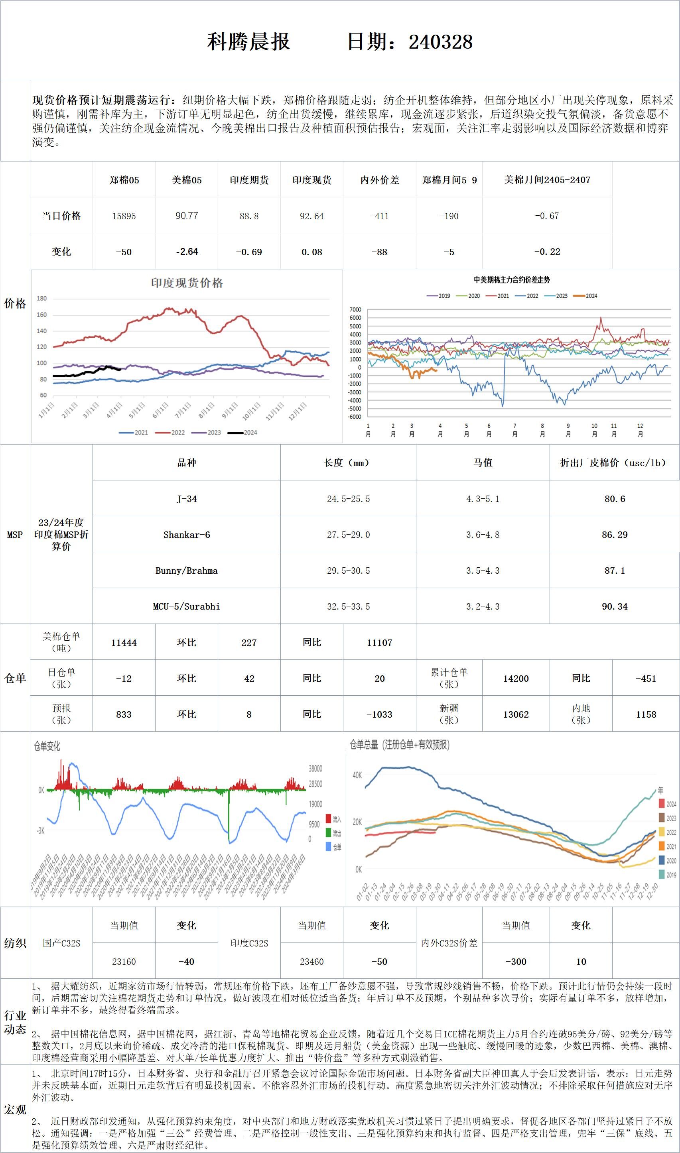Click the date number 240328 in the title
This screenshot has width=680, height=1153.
(440, 42)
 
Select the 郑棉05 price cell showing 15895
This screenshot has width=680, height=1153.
(124, 216)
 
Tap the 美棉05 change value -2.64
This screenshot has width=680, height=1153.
(187, 252)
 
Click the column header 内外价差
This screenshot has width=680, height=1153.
(379, 180)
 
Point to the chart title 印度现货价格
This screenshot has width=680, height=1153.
(187, 283)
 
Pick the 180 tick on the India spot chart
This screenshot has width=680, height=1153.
(42, 298)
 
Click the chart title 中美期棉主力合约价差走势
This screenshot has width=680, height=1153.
(511, 279)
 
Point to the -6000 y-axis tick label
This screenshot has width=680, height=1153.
(355, 417)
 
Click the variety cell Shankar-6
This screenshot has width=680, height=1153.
(187, 535)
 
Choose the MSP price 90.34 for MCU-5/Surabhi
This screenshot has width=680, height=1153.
(615, 606)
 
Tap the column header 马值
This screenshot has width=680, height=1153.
(483, 462)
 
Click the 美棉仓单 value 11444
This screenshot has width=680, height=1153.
(124, 643)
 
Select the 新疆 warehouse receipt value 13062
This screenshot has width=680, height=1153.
(516, 714)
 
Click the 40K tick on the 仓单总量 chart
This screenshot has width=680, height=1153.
(357, 775)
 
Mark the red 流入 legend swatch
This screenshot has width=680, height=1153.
(329, 819)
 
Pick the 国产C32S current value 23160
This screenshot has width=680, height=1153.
(124, 962)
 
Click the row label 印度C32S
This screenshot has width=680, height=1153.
(249, 943)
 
